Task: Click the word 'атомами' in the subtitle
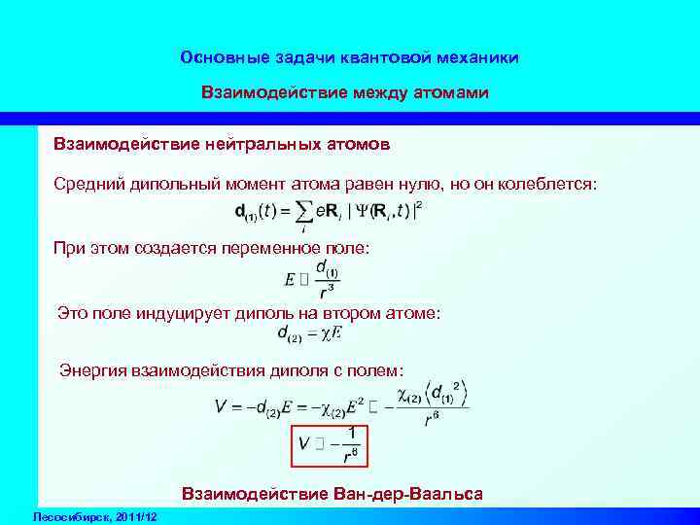point(454,93)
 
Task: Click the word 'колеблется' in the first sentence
point(551,184)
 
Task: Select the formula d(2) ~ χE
point(310,334)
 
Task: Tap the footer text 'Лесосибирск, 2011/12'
point(94,514)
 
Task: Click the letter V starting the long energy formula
point(221,407)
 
